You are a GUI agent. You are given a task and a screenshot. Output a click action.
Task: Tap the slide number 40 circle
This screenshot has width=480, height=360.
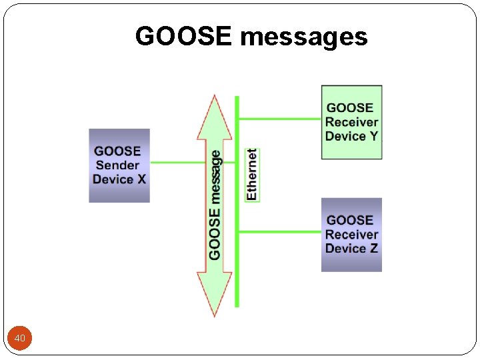coord(20,339)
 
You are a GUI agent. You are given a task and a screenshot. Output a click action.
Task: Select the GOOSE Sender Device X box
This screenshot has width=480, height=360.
coord(119,165)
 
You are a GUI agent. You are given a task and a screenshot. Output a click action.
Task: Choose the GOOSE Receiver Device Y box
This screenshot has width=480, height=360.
coord(351,122)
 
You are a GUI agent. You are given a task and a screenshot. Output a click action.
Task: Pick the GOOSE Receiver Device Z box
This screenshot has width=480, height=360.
coord(351,235)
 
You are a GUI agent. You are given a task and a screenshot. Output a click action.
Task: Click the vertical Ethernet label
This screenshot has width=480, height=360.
coord(252,175)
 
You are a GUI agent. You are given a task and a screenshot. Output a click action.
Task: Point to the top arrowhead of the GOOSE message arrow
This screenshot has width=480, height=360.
coord(214,117)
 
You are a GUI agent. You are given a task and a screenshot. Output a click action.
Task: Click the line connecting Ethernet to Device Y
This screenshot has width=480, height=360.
coord(280,119)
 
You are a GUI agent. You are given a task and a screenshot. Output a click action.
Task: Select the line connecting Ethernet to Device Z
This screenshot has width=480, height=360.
coord(280,232)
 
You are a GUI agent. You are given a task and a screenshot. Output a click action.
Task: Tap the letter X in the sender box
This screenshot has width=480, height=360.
coord(141,179)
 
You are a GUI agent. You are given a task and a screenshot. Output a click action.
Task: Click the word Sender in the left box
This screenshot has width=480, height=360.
coord(118,165)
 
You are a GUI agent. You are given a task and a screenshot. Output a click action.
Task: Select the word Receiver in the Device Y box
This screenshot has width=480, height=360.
coord(351,122)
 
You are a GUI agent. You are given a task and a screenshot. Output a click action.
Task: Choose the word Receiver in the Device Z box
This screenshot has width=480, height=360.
coord(351,235)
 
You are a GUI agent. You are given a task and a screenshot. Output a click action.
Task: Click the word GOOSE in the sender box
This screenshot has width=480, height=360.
coord(118,151)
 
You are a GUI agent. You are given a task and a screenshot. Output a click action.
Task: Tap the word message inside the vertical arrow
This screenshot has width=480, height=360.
coord(215,177)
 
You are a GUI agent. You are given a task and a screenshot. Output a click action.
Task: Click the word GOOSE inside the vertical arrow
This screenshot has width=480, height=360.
coord(215,234)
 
